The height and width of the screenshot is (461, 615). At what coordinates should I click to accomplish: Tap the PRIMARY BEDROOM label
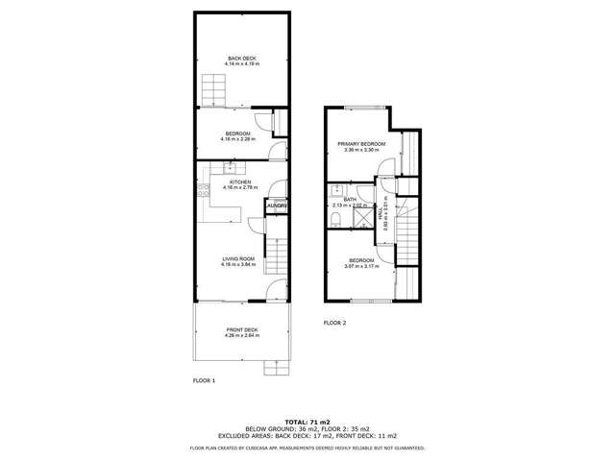[x=361, y=144]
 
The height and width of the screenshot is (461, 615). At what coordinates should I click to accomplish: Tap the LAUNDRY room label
[x=277, y=205]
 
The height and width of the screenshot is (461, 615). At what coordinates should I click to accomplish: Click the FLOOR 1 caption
[x=205, y=380]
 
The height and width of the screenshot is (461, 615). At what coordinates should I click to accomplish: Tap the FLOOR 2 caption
[x=334, y=323]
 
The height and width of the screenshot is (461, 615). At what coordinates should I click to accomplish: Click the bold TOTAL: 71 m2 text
[x=307, y=421]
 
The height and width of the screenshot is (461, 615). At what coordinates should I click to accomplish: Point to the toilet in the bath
[x=332, y=221]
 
